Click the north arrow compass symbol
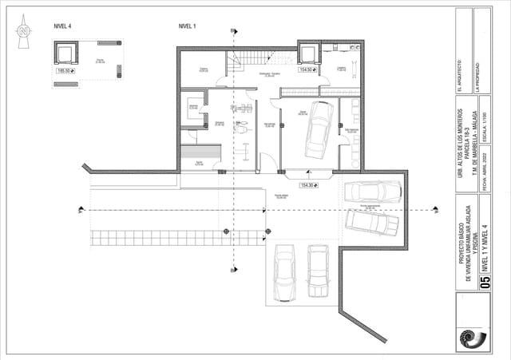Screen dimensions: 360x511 (23, 32)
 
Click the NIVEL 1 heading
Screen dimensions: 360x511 (187, 26)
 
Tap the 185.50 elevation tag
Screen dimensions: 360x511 (66, 71)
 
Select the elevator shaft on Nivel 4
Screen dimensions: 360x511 (65, 53)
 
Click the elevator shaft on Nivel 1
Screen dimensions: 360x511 (308, 53)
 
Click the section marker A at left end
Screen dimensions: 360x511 (81, 211)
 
